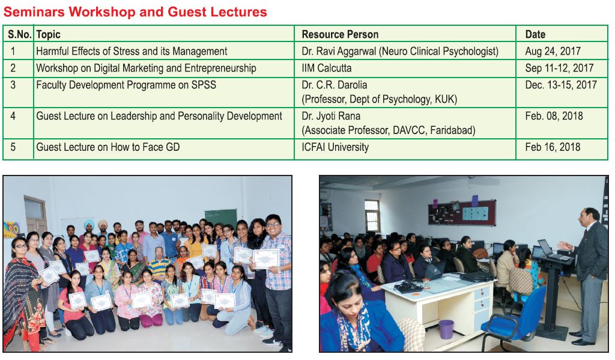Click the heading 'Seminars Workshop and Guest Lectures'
coord(135,12)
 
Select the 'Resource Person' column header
coord(340,34)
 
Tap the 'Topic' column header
coord(48,34)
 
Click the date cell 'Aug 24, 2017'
coord(553,51)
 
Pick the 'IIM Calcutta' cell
coord(326,68)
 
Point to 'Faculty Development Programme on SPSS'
coord(126,85)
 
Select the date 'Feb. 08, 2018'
coord(554,116)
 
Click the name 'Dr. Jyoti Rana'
coord(331,116)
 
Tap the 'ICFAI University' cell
coord(335,147)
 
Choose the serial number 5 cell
coord(13,147)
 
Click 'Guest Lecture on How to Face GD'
coord(108,147)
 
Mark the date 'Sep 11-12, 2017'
coord(559,68)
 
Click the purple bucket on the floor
coord(446,329)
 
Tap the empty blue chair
coord(516,315)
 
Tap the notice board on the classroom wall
coord(462,212)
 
